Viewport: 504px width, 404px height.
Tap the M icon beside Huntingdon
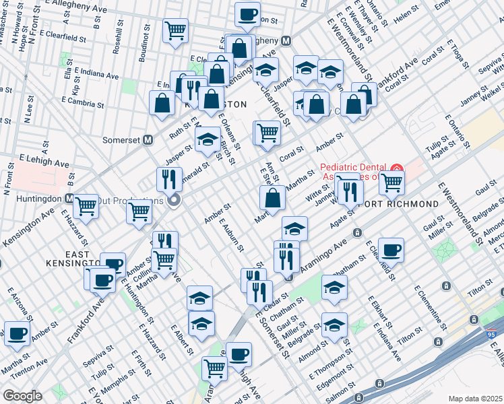70,199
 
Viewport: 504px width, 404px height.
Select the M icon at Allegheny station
286,40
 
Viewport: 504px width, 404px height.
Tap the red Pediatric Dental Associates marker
398,168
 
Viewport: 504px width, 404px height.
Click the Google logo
22,396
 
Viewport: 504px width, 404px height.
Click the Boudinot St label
144,46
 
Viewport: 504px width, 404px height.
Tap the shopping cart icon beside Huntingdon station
86,206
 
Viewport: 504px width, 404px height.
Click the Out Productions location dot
175,200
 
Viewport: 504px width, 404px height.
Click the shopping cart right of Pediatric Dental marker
391,181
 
